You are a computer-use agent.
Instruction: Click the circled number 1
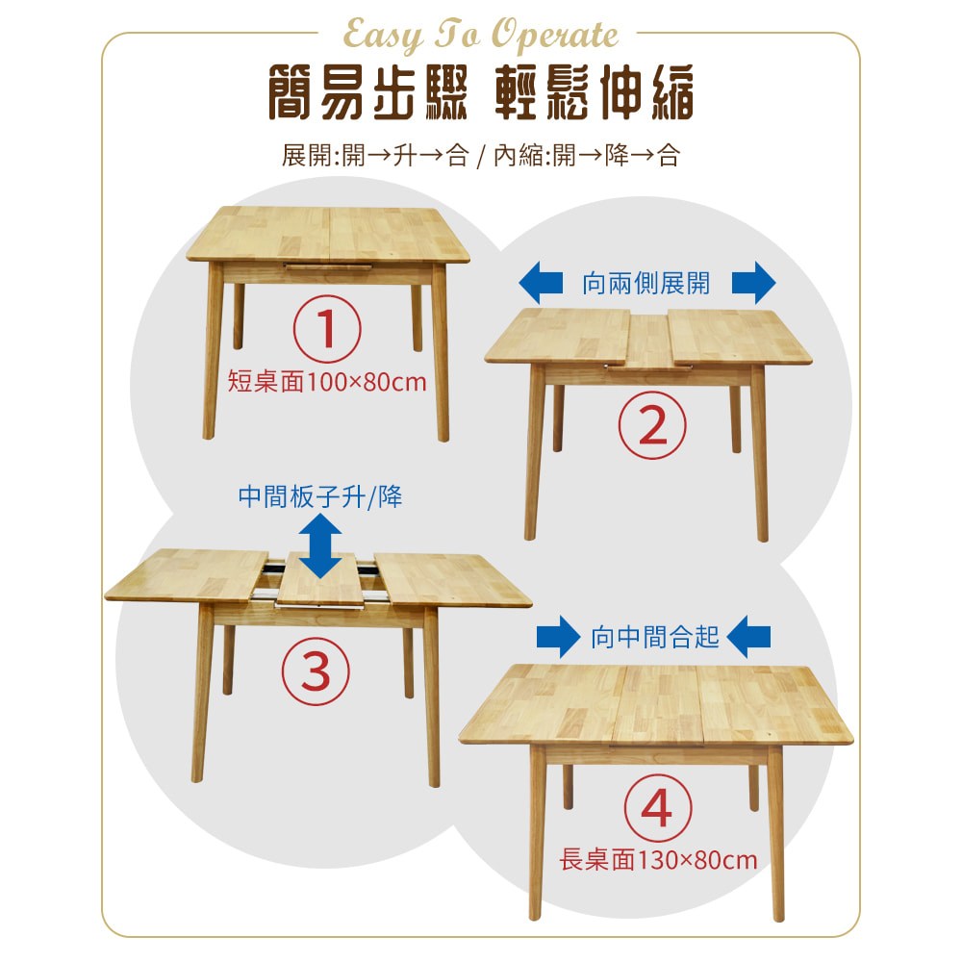coord(327,329)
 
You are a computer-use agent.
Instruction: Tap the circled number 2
coord(652,425)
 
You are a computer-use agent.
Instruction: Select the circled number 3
coord(316,671)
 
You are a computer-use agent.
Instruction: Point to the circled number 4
coord(658,808)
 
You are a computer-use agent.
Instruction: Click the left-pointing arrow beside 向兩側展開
coord(541,283)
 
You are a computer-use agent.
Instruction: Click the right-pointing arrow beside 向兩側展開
coord(754,283)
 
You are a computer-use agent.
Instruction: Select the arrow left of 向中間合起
coord(558,637)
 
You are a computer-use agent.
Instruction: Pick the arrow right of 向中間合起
coord(748,637)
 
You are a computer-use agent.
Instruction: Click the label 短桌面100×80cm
coord(327,382)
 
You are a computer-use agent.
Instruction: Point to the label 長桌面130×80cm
coord(658,859)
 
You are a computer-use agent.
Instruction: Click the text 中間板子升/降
coord(320,497)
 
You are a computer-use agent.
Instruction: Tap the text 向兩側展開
coord(646,284)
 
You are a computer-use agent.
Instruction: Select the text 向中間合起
coord(654,638)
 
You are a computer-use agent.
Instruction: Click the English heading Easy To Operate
coord(480,36)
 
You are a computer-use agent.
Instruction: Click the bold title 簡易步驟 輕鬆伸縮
coord(481,92)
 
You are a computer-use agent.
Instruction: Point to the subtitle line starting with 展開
coord(481,155)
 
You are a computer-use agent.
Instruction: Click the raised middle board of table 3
coord(321,579)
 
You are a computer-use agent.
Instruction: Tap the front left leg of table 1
coord(213,351)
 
